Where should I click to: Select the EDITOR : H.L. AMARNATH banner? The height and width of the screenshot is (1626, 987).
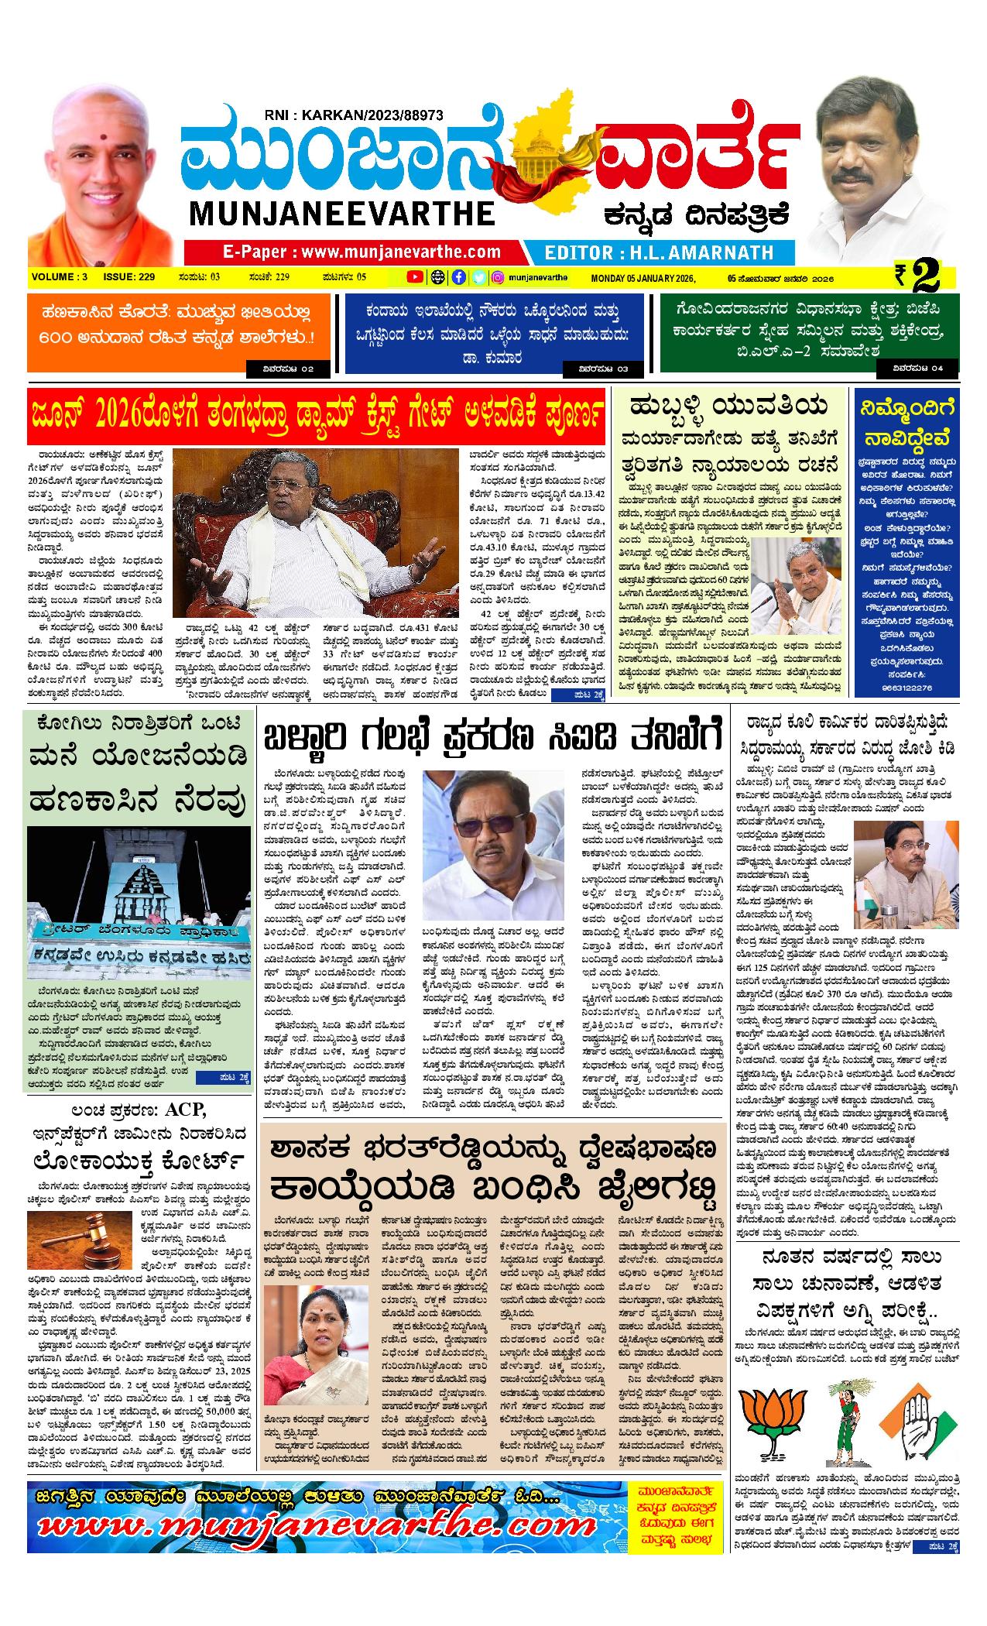tap(659, 252)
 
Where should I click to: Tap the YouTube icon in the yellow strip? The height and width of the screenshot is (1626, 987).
tap(415, 277)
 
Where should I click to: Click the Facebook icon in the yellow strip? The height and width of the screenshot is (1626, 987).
tap(458, 277)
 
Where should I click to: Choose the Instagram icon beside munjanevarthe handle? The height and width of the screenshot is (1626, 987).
tap(499, 277)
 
